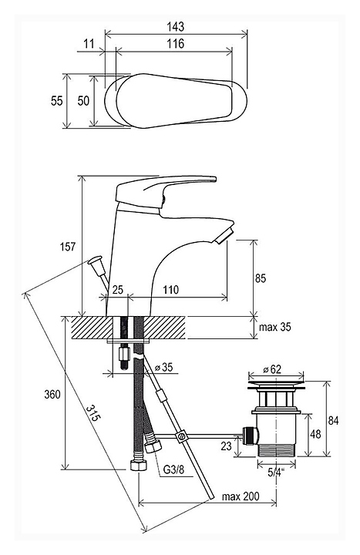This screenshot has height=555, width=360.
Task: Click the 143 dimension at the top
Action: (x=176, y=26)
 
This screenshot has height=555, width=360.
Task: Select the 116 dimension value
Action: (x=176, y=43)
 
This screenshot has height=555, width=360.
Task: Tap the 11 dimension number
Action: (x=89, y=43)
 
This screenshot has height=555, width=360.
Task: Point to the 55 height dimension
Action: (x=56, y=101)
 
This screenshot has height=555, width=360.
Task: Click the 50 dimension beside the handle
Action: (x=83, y=101)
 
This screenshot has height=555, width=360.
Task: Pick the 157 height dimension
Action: (x=68, y=247)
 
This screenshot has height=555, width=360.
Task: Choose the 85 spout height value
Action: (x=261, y=278)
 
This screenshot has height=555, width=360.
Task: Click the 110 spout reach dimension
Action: (x=171, y=290)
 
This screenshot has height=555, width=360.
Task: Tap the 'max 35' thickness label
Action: (x=274, y=327)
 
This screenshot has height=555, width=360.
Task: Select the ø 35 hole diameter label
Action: (x=164, y=368)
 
